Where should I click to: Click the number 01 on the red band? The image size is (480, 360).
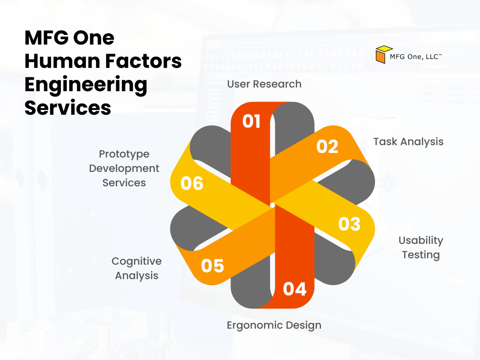coord(252,121)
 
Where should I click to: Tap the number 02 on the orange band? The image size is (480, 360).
coord(327,147)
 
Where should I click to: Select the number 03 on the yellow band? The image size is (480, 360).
coord(349,224)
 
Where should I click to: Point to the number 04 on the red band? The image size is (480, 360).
coord(294,289)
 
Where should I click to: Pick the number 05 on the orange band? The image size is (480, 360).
coord(212,266)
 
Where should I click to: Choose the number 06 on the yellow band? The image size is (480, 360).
coord(192,183)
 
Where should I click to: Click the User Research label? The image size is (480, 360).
coord(264,84)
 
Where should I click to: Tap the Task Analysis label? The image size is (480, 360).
coord(408,142)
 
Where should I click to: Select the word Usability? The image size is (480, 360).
coord(421,240)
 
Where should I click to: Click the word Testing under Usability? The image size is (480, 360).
coord(421,255)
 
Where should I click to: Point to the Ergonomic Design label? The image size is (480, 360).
coord(274,325)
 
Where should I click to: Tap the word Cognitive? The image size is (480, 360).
coord(137,261)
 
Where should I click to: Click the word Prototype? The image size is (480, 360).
coord(124,154)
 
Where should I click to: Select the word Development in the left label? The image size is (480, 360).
coord(124,168)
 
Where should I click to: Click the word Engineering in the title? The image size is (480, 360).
coord(86,85)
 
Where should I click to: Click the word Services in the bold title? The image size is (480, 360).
coord(67,108)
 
